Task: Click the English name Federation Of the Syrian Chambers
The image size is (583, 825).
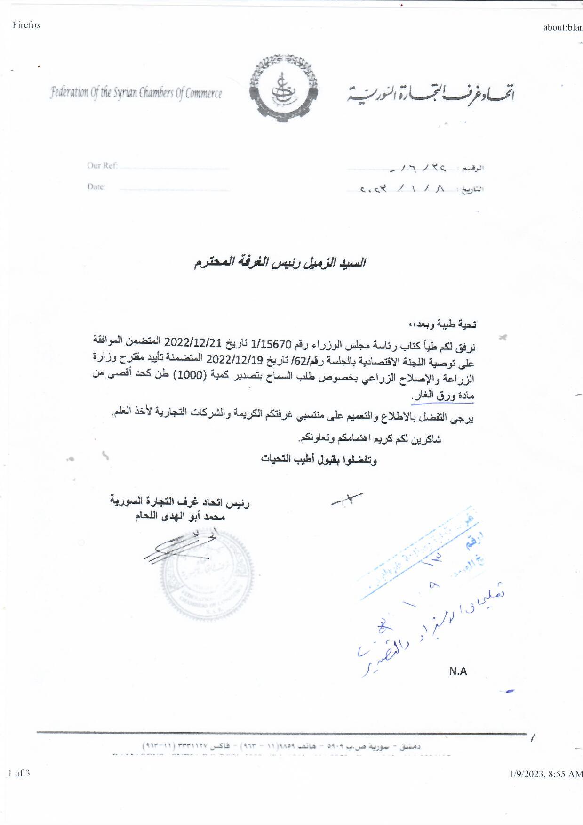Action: pos(136,92)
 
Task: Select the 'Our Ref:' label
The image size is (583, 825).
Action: pos(102,166)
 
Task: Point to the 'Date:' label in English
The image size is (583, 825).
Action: pos(96,187)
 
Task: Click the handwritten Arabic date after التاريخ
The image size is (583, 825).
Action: pos(403,189)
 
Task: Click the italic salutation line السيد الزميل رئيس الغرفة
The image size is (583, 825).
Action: pos(280,263)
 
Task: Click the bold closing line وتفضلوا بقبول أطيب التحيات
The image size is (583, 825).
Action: pos(319,460)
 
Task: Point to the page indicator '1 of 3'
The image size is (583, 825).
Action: pos(19,773)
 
